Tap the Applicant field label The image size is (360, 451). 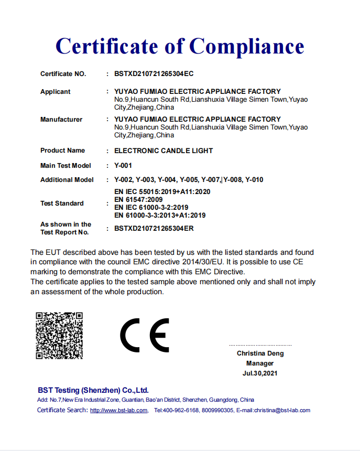(x=55, y=92)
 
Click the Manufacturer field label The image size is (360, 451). (x=61, y=120)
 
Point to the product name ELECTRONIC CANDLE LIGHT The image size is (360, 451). (x=163, y=151)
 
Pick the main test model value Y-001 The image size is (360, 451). (x=123, y=166)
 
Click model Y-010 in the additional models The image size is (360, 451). (x=254, y=180)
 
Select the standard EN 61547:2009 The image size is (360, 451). (x=138, y=200)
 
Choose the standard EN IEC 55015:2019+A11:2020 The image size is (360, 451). (x=162, y=192)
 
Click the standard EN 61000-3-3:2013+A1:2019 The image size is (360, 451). (x=160, y=215)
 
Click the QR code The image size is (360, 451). (x=59, y=336)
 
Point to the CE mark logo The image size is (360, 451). (x=144, y=335)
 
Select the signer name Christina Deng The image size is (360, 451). (x=260, y=353)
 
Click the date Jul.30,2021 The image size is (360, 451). (x=260, y=373)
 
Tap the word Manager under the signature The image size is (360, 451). (x=260, y=363)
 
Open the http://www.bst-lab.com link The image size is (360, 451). (x=118, y=411)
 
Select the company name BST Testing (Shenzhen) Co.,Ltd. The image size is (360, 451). (x=93, y=390)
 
